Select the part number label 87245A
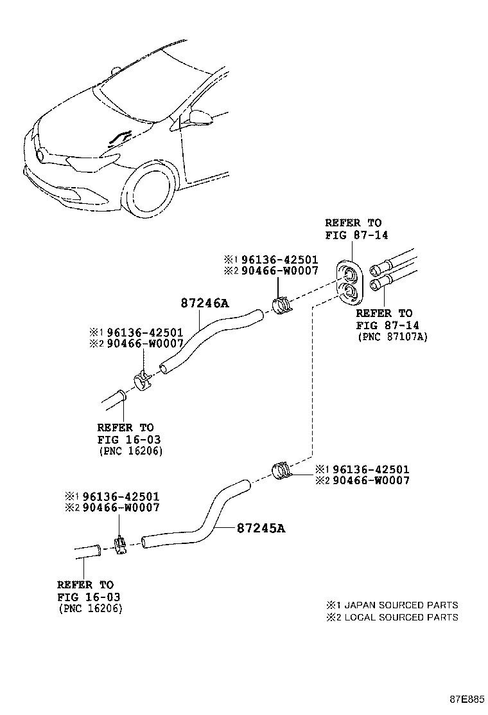pos(260,529)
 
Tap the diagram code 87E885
pos(466,699)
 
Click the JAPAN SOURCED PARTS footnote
pos(392,605)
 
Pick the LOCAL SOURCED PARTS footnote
pos(392,617)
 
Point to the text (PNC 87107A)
pos(391,336)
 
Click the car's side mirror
pos(198,116)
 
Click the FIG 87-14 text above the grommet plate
pos(356,235)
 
